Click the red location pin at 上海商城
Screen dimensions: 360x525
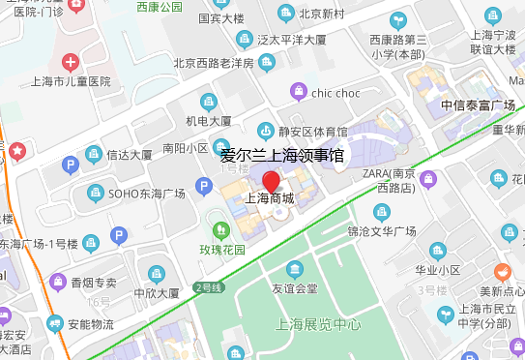[x=272, y=181]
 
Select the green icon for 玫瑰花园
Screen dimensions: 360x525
[x=221, y=230]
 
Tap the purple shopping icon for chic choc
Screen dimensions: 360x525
[x=299, y=92]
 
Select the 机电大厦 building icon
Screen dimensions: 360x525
[x=208, y=102]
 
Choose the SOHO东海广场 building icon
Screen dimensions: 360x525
[x=95, y=193]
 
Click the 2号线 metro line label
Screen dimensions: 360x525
[x=209, y=287]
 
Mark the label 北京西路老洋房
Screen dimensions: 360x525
[x=213, y=64]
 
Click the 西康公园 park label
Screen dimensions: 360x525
[x=159, y=7]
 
